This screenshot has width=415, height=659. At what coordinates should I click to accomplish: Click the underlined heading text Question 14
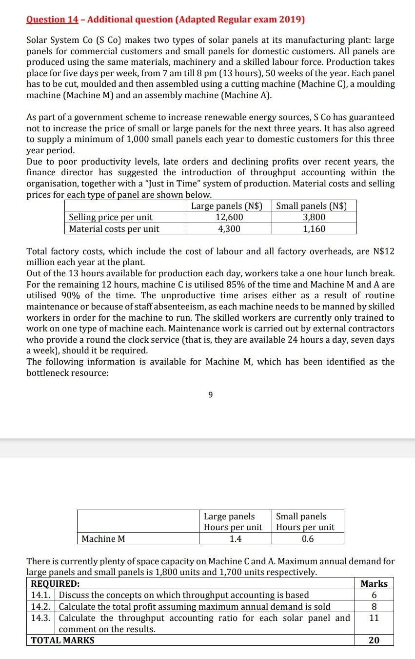(x=52, y=20)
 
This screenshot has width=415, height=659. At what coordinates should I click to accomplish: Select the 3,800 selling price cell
(x=314, y=217)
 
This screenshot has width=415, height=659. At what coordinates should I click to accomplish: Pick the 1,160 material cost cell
(x=314, y=228)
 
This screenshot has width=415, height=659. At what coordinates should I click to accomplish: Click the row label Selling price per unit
(x=111, y=217)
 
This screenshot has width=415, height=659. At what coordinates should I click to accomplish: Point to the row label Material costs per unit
(x=114, y=228)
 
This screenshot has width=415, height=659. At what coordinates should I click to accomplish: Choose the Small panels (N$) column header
(x=312, y=206)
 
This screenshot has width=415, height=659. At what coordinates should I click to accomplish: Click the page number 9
(x=210, y=395)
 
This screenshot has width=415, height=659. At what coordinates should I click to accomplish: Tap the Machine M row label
(x=103, y=539)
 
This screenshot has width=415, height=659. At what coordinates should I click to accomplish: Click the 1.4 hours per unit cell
(x=236, y=539)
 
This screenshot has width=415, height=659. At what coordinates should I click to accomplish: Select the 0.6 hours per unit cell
(x=308, y=539)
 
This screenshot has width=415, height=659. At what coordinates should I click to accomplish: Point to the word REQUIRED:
(x=55, y=584)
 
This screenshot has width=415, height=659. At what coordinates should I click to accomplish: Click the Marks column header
(x=374, y=584)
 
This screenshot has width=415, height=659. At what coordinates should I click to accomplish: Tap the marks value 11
(x=374, y=618)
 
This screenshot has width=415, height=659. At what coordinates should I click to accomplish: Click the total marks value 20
(x=374, y=640)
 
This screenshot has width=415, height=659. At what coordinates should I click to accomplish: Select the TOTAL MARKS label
(x=63, y=640)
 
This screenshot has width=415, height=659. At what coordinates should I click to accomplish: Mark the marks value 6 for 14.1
(x=374, y=595)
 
